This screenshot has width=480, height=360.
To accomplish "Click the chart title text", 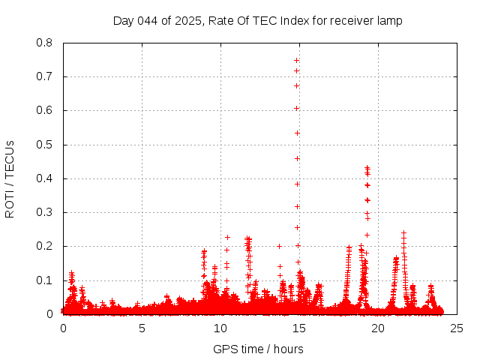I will point(257,21).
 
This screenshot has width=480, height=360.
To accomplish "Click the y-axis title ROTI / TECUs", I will point(10,178).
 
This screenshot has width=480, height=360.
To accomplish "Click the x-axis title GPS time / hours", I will point(258,349).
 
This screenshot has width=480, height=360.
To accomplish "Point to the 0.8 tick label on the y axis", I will point(44,43).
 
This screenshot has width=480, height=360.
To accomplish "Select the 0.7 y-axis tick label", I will point(44,76).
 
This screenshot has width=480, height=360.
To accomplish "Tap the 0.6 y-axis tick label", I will point(44,110).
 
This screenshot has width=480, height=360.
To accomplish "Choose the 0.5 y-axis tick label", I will point(44,145).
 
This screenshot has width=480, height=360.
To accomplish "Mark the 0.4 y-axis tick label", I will point(44,178).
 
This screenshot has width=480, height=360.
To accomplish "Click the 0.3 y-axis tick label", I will point(44,212).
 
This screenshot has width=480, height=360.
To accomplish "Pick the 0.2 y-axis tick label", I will point(44,246).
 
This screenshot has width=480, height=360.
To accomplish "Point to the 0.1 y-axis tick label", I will point(44,280).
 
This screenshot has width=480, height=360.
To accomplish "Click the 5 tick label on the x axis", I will point(142,328).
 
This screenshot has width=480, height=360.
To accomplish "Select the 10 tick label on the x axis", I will point(220,328).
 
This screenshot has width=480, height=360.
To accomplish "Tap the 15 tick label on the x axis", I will point(298,328).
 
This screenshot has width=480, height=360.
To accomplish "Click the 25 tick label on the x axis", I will point(455,328).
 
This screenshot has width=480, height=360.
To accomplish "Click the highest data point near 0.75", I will point(297,60).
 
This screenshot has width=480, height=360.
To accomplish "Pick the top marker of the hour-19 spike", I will point(367,168).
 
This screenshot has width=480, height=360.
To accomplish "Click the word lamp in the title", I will point(389,21).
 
